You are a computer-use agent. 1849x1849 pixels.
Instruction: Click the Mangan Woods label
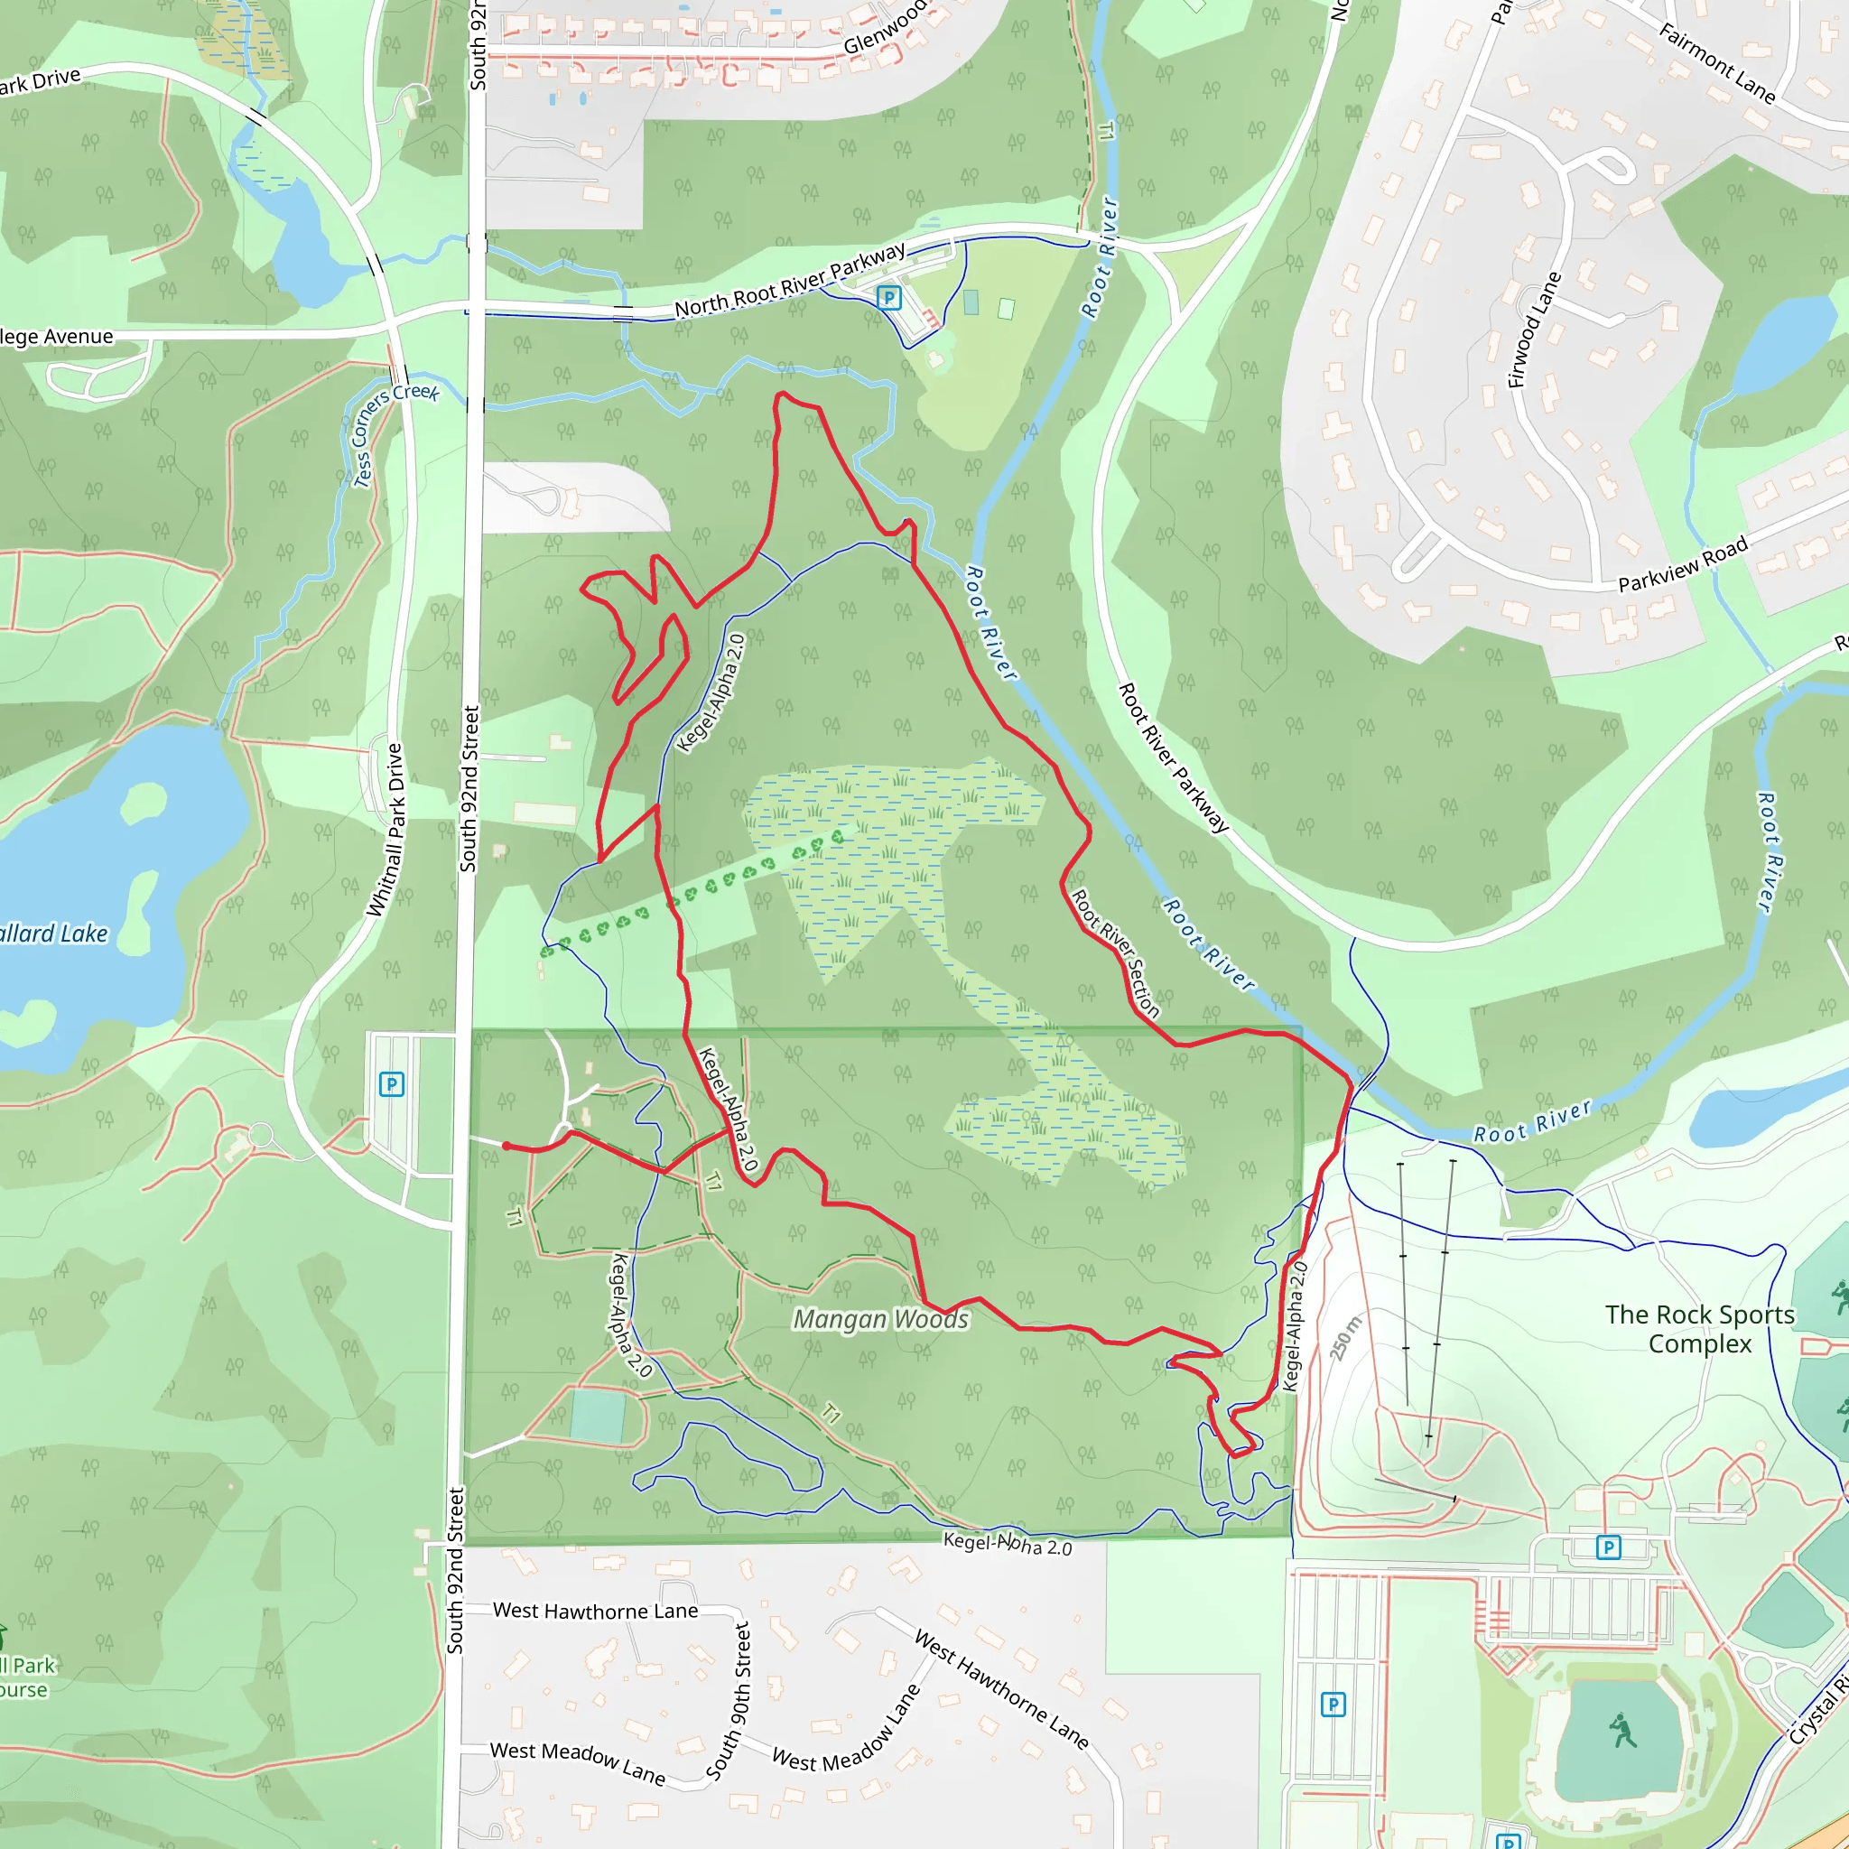[880, 1320]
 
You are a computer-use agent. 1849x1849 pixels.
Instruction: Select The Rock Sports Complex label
[1700, 1328]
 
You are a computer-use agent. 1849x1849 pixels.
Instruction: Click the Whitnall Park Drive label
[385, 830]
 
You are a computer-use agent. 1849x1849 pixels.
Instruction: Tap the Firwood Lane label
[1534, 330]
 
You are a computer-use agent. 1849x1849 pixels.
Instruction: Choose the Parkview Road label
[1683, 564]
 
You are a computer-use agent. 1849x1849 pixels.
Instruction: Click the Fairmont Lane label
[1717, 63]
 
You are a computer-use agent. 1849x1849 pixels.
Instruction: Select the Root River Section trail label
[1116, 953]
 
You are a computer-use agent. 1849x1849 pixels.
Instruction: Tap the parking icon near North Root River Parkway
[889, 298]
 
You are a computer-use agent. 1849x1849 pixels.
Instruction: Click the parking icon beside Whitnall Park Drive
[392, 1084]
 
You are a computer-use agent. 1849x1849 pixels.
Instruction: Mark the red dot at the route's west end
[506, 1146]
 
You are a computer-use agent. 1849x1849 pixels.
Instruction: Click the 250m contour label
[1344, 1338]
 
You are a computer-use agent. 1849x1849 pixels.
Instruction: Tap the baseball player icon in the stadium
[1621, 1731]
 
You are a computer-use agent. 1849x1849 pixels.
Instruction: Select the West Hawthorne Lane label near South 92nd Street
[595, 1611]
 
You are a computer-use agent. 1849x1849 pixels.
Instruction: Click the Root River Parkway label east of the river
[1174, 758]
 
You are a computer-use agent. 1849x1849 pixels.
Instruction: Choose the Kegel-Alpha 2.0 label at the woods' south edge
[1008, 1544]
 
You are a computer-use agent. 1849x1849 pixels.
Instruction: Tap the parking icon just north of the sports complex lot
[1609, 1547]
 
